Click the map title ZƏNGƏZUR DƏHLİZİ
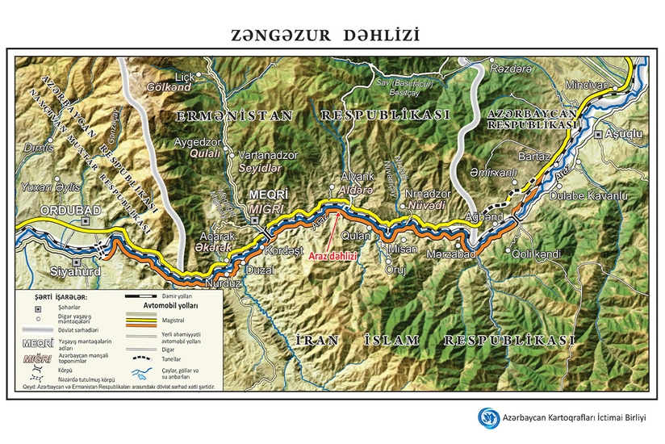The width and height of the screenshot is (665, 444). coord(325,36)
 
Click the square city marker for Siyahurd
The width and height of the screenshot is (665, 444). coord(77,262)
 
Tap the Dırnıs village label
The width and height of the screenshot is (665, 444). coord(38,148)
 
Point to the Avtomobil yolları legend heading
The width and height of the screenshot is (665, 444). coord(173,306)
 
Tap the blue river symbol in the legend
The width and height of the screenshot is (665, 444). coord(143,375)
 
